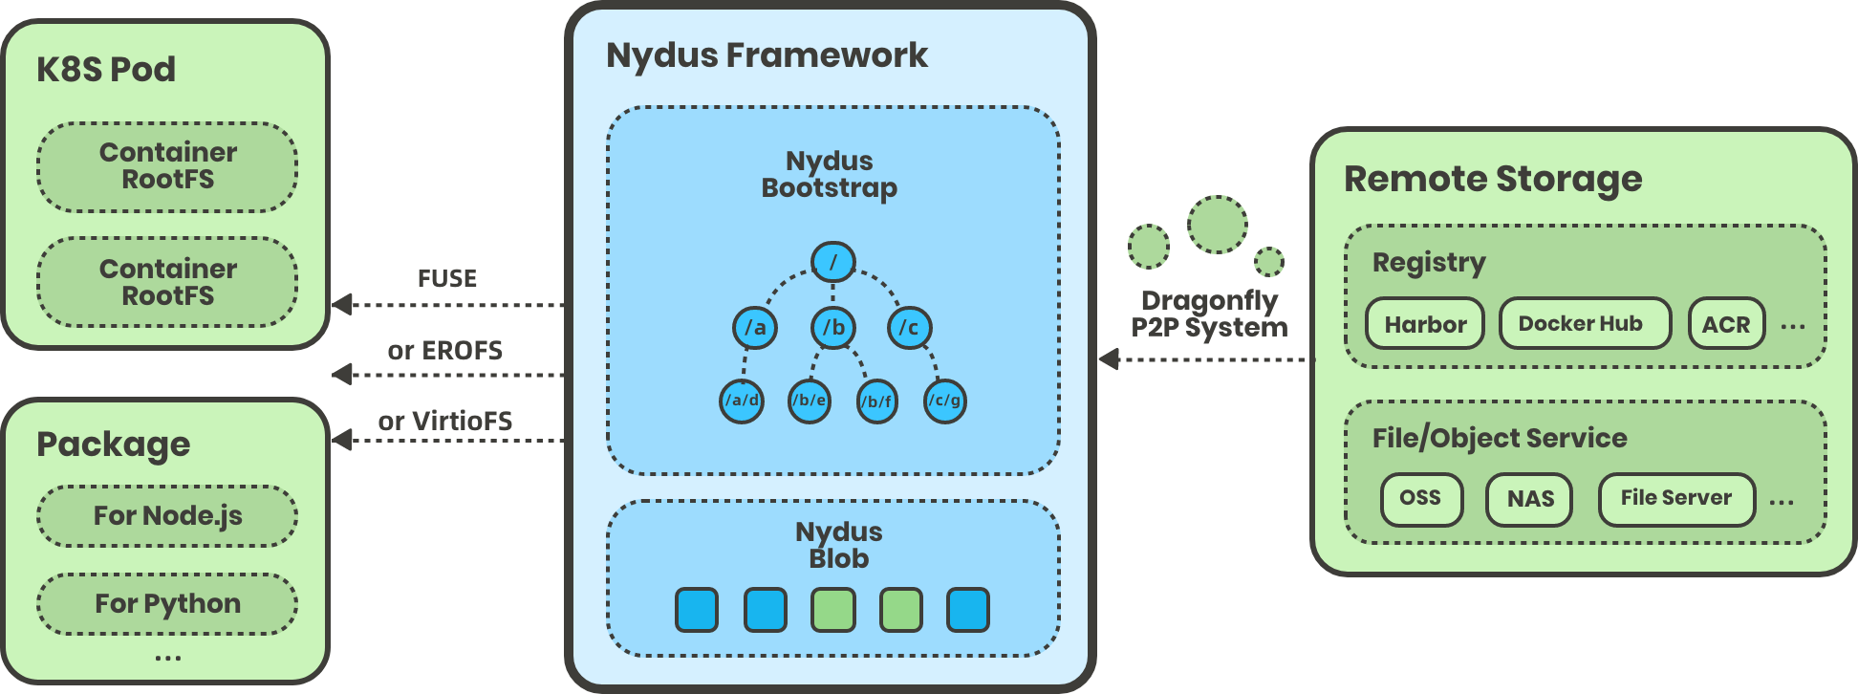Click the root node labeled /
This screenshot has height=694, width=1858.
pos(832,262)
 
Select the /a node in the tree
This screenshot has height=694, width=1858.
pos(754,328)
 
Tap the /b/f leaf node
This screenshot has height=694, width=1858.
pos(876,401)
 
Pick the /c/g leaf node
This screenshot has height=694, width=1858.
pos(944,401)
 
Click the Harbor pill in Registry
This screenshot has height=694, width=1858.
pos(1424,324)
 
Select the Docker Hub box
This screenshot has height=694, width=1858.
pos(1584,324)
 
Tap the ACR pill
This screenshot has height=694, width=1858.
pos(1725,324)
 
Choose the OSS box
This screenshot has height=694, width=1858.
pos(1420,499)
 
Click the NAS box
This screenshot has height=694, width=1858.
pos(1529,499)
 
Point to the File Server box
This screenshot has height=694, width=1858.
pos(1675,499)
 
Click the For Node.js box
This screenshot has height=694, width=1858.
pos(167,516)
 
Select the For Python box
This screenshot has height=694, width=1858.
pos(167,604)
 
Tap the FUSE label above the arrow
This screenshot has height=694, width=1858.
pos(446,278)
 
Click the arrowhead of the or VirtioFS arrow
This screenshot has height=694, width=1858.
pos(342,440)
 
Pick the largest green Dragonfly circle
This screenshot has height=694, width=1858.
pos(1217,225)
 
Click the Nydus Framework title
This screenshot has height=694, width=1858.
pos(767,55)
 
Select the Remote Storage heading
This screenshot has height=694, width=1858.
pos(1492,179)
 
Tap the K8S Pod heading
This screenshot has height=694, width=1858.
pos(106,70)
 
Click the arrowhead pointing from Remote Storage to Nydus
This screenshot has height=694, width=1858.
pos(1109,359)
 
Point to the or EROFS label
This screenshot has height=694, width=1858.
pos(444,351)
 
